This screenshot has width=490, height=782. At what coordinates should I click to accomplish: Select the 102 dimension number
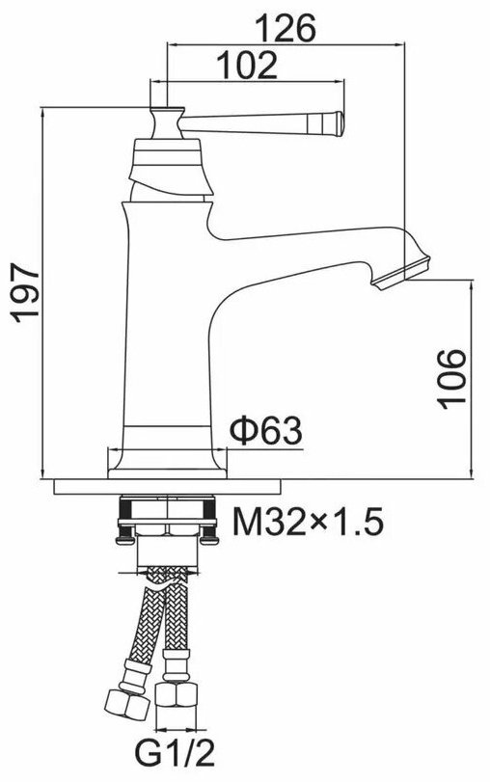coord(248,65)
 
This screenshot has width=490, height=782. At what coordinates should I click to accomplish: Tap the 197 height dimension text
coord(25,294)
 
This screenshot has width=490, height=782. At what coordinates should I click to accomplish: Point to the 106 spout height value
coord(452,379)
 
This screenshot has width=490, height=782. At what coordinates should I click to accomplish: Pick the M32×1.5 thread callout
coord(308,522)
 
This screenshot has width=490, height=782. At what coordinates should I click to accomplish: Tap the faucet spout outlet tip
coord(400,272)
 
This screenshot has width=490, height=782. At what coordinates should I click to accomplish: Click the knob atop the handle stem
coord(167,122)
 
